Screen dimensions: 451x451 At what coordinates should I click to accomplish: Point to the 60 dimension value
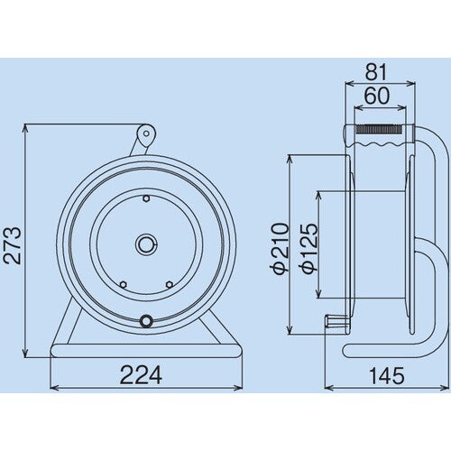[x=377, y=95]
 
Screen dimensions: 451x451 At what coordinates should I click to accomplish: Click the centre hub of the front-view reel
[x=146, y=243]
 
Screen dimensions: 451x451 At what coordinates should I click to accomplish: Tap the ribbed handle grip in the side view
[x=382, y=138]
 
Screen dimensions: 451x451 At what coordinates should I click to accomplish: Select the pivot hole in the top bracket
[x=145, y=136]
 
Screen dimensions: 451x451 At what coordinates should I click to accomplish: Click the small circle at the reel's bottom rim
[x=146, y=318]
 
